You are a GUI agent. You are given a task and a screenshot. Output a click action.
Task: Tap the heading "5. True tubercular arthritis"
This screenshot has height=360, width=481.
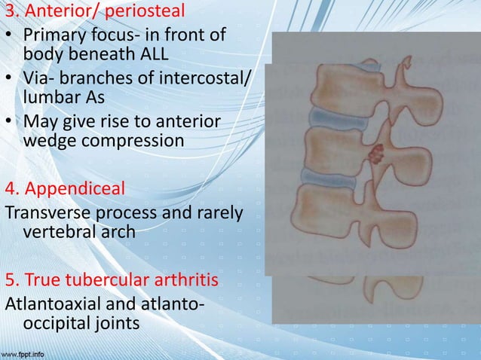(x=112, y=282)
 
